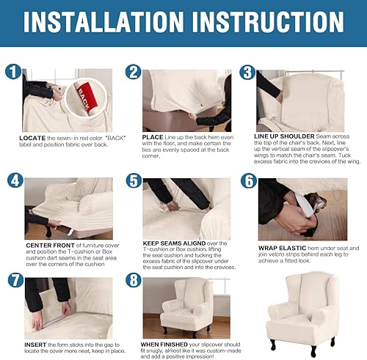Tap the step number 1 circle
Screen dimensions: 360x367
(12, 73)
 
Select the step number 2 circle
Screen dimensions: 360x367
(133, 72)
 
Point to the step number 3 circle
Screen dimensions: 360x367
(247, 73)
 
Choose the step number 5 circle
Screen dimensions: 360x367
(133, 181)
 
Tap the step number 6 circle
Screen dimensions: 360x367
(248, 181)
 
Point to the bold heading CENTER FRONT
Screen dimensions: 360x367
(49, 245)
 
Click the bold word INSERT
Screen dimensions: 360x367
(36, 342)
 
